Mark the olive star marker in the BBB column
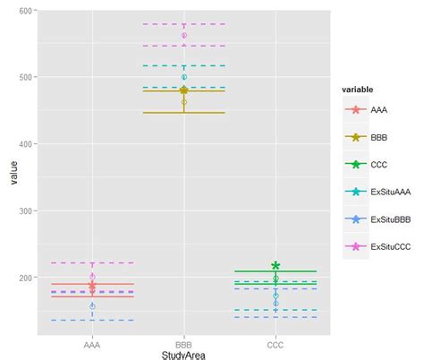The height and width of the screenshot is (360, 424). coord(184,90)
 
